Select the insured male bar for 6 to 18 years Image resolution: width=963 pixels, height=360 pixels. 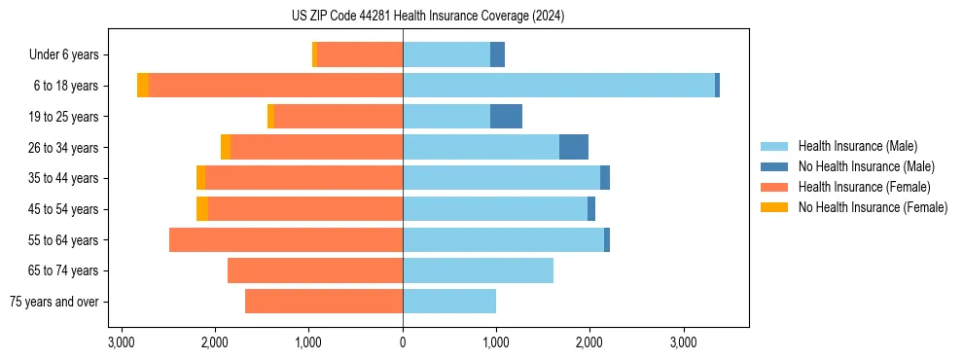pyautogui.click(x=558, y=86)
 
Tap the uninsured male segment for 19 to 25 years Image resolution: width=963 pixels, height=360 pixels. pyautogui.click(x=506, y=117)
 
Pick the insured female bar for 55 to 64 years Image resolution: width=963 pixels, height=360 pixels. pyautogui.click(x=286, y=240)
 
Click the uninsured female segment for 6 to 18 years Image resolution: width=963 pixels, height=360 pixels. pyautogui.click(x=143, y=86)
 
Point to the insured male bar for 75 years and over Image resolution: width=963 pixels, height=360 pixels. pyautogui.click(x=449, y=302)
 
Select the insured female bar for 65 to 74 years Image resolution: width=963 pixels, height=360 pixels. pyautogui.click(x=315, y=270)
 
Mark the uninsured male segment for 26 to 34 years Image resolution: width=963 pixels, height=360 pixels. pyautogui.click(x=574, y=147)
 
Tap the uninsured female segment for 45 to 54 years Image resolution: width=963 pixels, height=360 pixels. pyautogui.click(x=202, y=209)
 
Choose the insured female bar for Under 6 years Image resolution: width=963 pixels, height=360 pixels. pyautogui.click(x=360, y=55)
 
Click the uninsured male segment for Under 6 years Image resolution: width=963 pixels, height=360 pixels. pyautogui.click(x=497, y=55)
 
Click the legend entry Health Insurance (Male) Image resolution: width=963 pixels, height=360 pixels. pyautogui.click(x=857, y=146)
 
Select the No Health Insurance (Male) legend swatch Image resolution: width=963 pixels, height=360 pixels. pyautogui.click(x=775, y=166)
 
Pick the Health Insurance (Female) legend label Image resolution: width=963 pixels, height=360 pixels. pyautogui.click(x=865, y=187)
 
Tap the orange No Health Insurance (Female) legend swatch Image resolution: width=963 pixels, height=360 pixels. pyautogui.click(x=775, y=207)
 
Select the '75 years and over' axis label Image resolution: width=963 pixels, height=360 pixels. pyautogui.click(x=54, y=302)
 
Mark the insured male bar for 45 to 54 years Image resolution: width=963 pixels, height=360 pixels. pyautogui.click(x=495, y=209)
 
